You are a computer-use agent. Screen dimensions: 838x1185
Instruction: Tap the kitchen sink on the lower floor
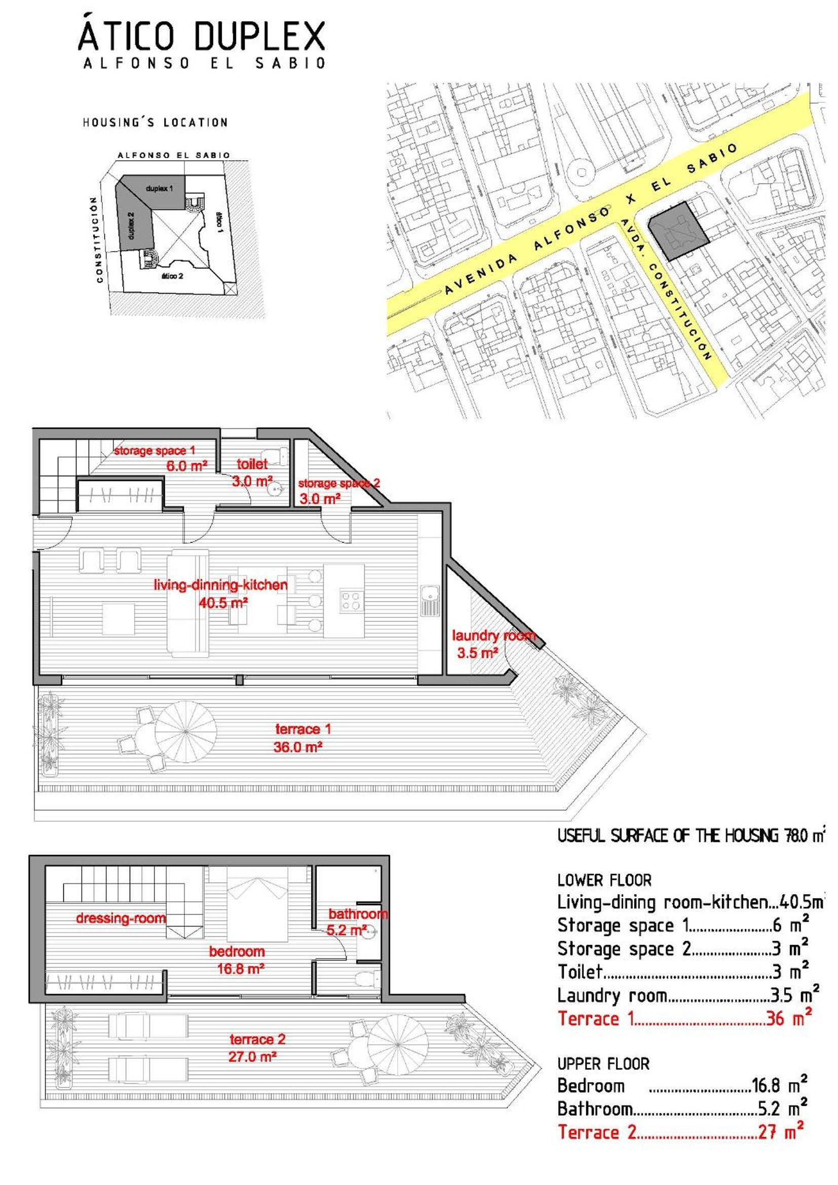pos(429,600)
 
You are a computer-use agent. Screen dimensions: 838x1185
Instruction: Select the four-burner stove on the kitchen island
pos(352,600)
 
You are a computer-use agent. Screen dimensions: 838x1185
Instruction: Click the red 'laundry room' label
pos(493,636)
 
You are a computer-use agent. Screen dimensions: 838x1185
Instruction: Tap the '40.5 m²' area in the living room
pos(223,602)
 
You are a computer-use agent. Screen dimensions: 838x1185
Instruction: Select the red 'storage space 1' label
pos(155,451)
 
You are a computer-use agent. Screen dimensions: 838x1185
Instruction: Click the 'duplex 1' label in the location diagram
pos(160,189)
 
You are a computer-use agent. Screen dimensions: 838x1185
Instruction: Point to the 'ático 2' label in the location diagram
pos(172,276)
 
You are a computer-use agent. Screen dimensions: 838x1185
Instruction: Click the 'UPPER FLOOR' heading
pos(603,1064)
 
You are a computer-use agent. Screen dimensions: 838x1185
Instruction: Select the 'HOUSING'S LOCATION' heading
pos(156,122)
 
